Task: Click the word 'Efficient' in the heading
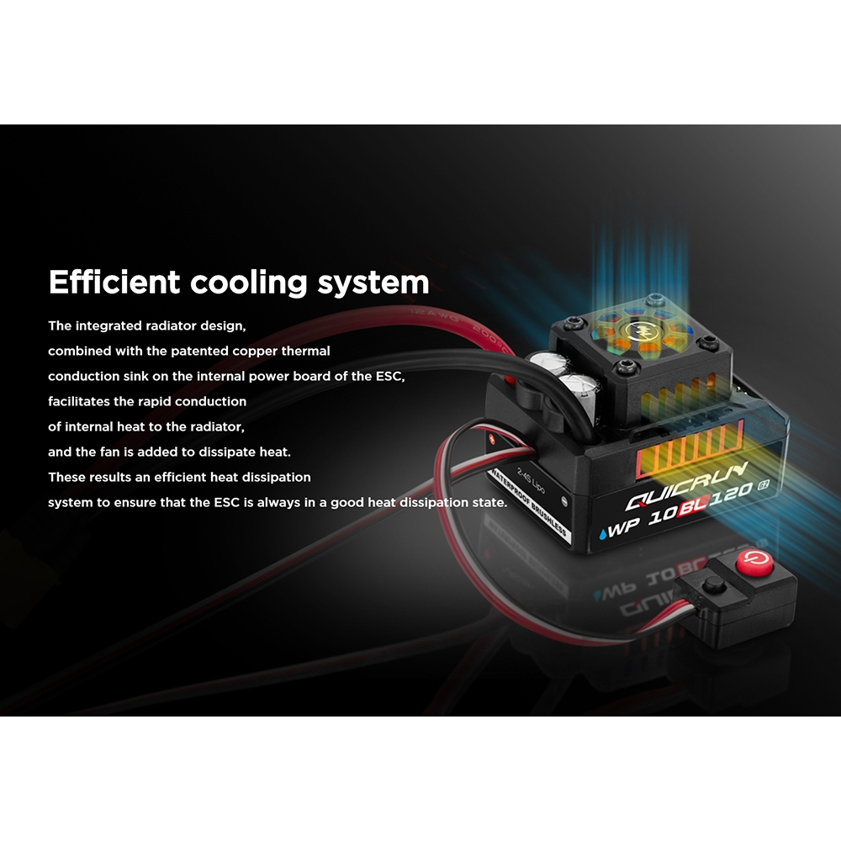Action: pyautogui.click(x=114, y=282)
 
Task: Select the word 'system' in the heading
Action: pyautogui.click(x=373, y=283)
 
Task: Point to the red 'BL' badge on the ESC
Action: pyautogui.click(x=695, y=505)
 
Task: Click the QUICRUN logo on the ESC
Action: pyautogui.click(x=686, y=487)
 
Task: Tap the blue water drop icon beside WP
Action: pyautogui.click(x=604, y=533)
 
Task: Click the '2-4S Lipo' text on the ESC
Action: pyautogui.click(x=531, y=480)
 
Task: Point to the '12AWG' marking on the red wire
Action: pyautogui.click(x=434, y=317)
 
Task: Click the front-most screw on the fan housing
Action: pyautogui.click(x=626, y=368)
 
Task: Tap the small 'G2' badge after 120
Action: pyautogui.click(x=764, y=486)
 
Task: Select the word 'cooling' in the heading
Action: pyautogui.click(x=249, y=283)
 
